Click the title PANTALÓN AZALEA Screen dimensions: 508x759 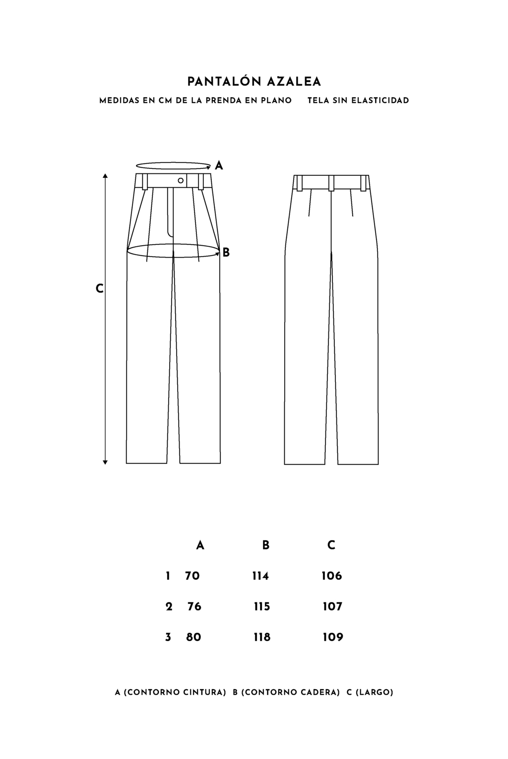point(254,82)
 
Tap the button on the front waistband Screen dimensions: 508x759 point(181,180)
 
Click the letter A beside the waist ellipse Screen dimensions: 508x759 point(219,165)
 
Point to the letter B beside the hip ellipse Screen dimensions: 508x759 point(226,253)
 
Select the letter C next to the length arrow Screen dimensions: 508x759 point(99,289)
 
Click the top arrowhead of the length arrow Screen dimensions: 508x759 point(105,175)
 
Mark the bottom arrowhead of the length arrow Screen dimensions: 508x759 point(105,462)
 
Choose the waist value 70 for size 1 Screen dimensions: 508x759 point(192,576)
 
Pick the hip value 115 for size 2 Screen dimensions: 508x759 point(261,606)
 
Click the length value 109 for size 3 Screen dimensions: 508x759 point(333,637)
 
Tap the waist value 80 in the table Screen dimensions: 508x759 point(193,637)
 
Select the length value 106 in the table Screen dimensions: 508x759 point(332,576)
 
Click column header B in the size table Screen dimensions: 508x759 point(266,545)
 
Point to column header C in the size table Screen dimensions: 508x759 point(331,545)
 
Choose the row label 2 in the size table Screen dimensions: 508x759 point(169,606)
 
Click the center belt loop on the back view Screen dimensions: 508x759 point(331,183)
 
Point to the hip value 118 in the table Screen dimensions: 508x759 point(262,637)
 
